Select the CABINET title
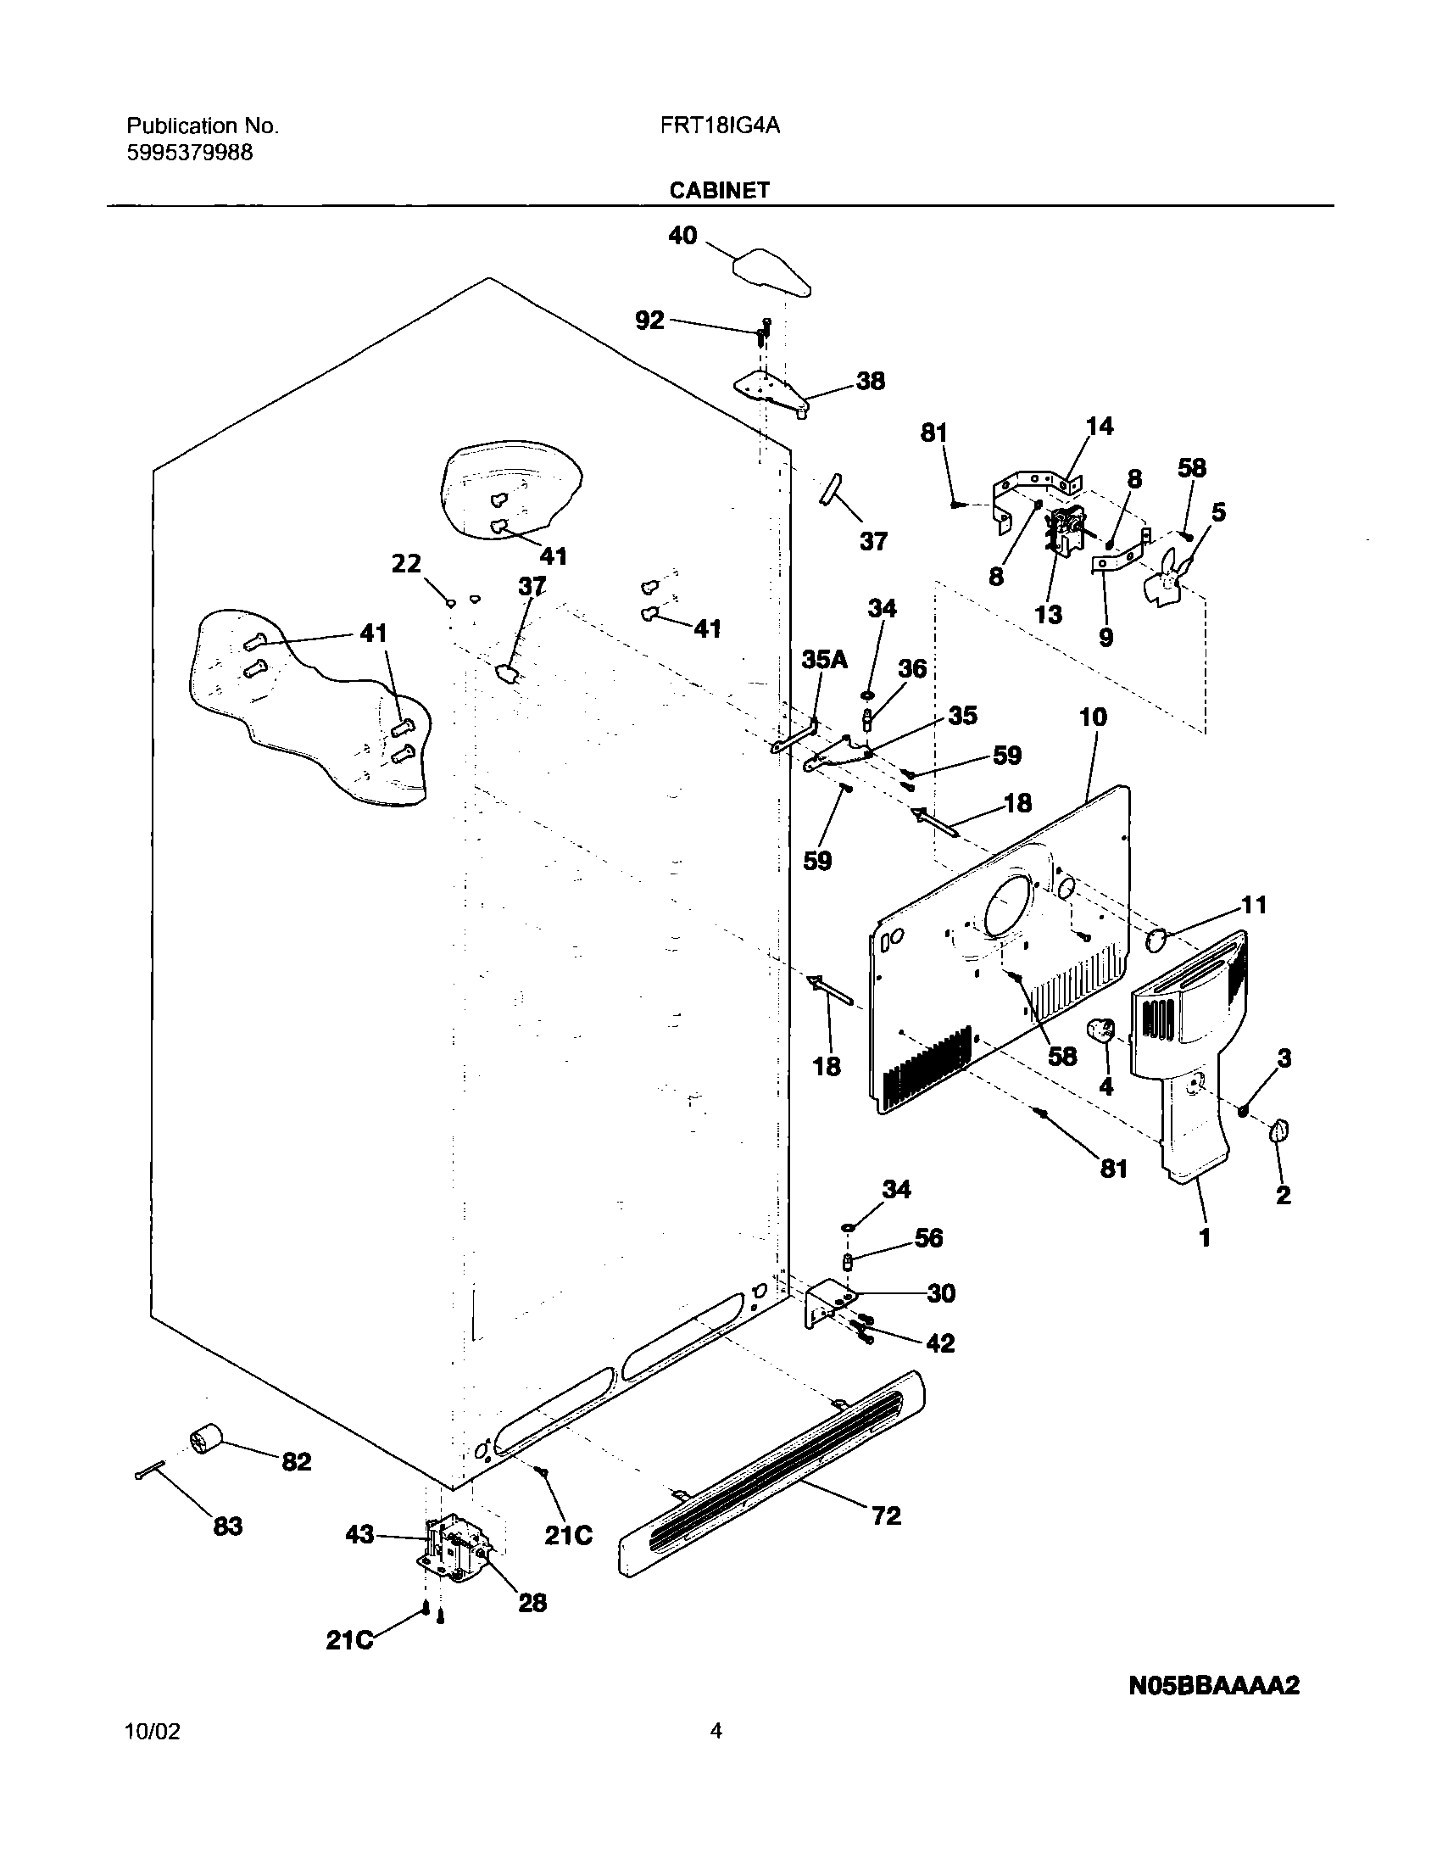pos(719,190)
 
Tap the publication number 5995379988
pos(190,153)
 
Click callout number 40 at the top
pos(682,235)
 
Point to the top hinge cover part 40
pos(771,273)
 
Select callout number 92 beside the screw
pos(649,321)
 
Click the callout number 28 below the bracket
pos(532,1603)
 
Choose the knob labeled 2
pos(1279,1130)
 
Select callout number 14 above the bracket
pos(1099,426)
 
